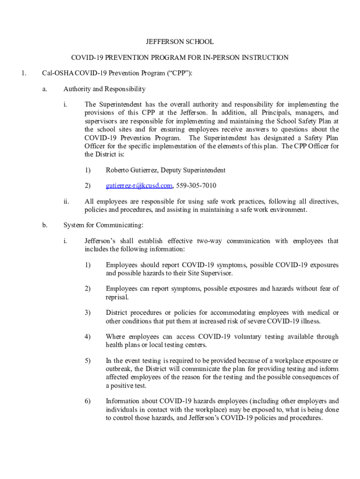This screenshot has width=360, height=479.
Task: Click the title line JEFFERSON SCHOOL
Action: click(180, 42)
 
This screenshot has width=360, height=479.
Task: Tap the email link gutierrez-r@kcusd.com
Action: click(139, 186)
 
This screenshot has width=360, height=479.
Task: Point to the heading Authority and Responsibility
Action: click(104, 89)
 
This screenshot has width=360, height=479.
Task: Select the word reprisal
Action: click(118, 297)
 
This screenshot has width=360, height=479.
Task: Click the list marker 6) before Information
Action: click(87, 401)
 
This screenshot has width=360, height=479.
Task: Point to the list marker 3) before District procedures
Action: click(87, 312)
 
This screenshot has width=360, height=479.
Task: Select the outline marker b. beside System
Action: click(45, 225)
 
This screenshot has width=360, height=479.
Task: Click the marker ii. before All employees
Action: click(66, 202)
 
